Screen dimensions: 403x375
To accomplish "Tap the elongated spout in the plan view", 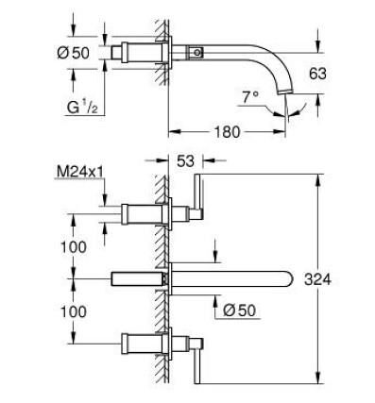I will click(236, 278).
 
